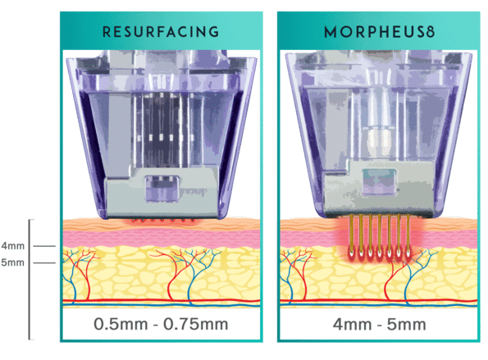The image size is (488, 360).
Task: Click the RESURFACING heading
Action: [161, 32]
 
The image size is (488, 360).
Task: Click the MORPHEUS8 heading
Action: [379, 32]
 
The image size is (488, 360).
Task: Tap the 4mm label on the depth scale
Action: [13, 246]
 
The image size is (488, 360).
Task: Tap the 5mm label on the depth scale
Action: [13, 262]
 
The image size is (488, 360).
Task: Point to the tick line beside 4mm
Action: [44, 246]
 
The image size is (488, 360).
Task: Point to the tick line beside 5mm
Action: [44, 263]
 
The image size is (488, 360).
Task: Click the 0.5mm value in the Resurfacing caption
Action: [121, 324]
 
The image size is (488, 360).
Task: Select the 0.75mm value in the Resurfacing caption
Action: [196, 324]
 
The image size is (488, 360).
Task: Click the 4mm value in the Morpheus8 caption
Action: [352, 325]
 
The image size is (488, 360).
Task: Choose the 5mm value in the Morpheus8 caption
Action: [407, 325]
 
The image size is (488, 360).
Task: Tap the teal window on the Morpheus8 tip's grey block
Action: [380, 182]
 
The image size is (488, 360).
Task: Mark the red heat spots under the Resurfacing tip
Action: [163, 221]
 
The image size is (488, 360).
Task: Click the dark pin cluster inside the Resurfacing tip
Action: [162, 130]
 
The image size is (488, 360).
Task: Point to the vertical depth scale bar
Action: [30, 280]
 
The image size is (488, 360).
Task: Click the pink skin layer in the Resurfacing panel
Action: [162, 238]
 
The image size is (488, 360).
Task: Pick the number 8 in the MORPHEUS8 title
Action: [430, 32]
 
